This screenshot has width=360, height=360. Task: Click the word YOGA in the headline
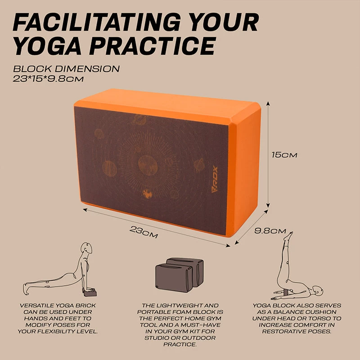tap(53, 46)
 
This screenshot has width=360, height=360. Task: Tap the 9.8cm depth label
tap(270, 231)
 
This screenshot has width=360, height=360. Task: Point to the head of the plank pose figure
tap(86, 249)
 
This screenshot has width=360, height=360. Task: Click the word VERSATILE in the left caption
tap(37, 306)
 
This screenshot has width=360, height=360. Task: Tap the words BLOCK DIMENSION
tap(66, 69)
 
